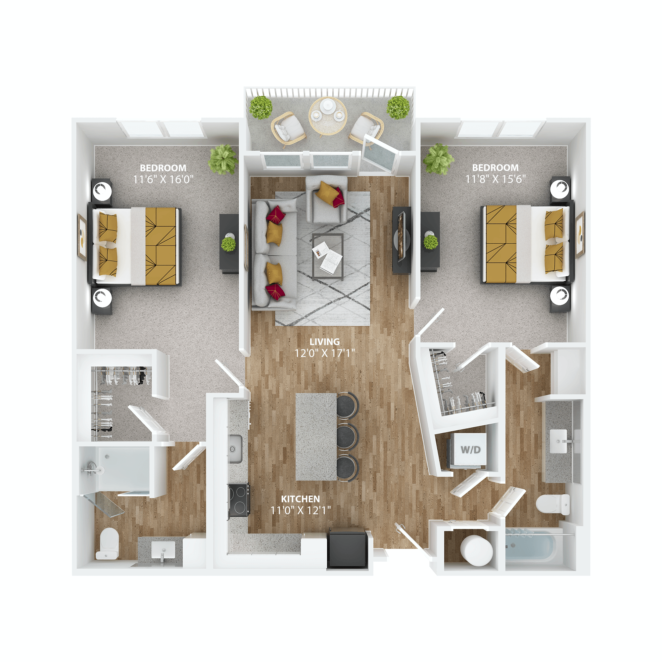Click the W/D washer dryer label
470,449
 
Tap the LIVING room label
324,342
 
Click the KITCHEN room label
300,499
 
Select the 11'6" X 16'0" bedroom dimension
163,179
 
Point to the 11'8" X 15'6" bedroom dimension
495,179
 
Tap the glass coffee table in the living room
328,256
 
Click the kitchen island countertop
316,437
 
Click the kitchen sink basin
235,449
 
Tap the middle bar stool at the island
347,436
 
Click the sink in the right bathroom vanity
558,441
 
